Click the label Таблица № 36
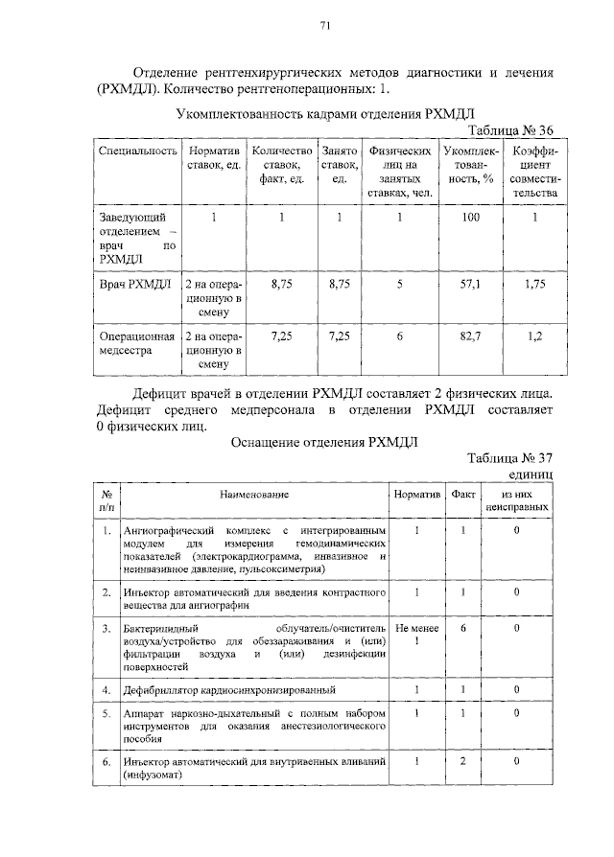tap(509, 130)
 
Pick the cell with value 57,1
tap(470, 285)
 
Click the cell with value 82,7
tap(470, 337)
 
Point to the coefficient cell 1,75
tap(534, 285)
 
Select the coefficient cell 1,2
tap(534, 337)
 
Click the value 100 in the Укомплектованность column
tap(470, 218)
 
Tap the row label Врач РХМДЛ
tap(135, 285)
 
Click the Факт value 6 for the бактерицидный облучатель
tap(462, 628)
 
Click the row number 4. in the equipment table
tap(106, 689)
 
